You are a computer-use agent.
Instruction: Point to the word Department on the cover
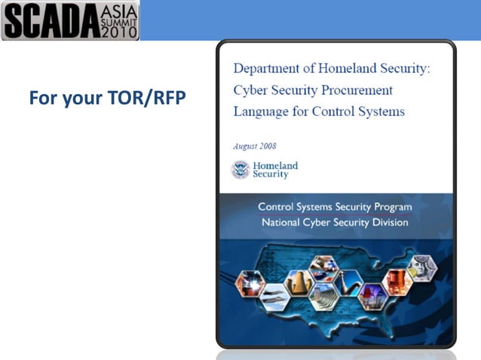pos(269,69)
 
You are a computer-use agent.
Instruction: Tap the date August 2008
pos(255,146)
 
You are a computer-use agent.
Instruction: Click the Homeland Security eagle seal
pos(240,169)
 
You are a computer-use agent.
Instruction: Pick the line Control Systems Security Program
pos(335,206)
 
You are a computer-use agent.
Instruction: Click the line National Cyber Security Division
pos(335,222)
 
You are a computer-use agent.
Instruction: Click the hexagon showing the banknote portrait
pos(421,268)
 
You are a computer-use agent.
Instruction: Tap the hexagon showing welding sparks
pos(250,283)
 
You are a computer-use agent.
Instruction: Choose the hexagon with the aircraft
pos(272,298)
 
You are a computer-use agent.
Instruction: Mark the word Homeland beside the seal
pos(275,165)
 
